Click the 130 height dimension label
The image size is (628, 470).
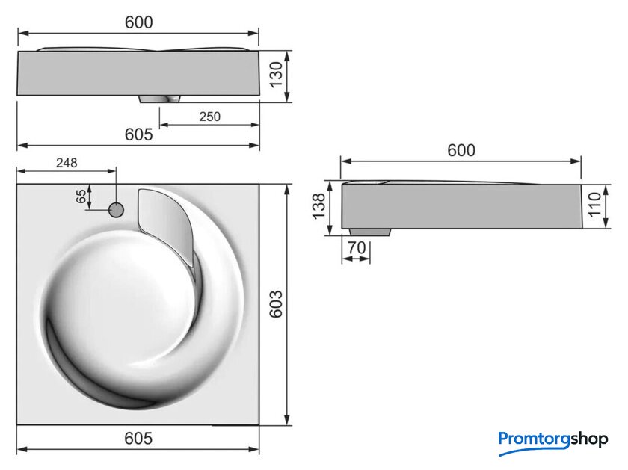[276, 75]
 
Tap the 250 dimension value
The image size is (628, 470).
[210, 117]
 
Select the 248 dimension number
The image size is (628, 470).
[67, 163]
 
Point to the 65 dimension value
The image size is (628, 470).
[81, 197]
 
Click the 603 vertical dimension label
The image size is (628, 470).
[276, 304]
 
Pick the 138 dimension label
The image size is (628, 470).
[319, 206]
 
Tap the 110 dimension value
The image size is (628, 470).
[594, 205]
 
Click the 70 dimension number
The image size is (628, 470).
[357, 248]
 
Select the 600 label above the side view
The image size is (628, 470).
[461, 150]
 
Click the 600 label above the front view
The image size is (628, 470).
[138, 22]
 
